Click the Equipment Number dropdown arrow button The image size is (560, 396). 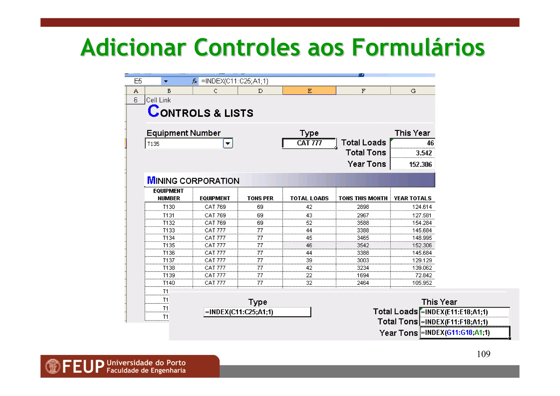coord(227,143)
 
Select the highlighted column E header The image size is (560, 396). coord(309,91)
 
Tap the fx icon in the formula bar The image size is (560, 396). coord(194,81)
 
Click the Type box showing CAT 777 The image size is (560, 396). coord(309,143)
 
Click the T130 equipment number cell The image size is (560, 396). coord(169,207)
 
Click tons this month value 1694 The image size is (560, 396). coord(363,275)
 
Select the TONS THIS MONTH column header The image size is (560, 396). coord(363,198)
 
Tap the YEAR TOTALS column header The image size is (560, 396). coord(413,198)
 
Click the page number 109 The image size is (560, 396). coord(483,354)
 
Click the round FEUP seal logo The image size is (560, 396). coord(53,366)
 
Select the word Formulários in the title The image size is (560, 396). coord(418,48)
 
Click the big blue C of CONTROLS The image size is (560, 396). coord(153,111)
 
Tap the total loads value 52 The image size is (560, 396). coord(309,223)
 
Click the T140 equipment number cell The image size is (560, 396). coord(169,283)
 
